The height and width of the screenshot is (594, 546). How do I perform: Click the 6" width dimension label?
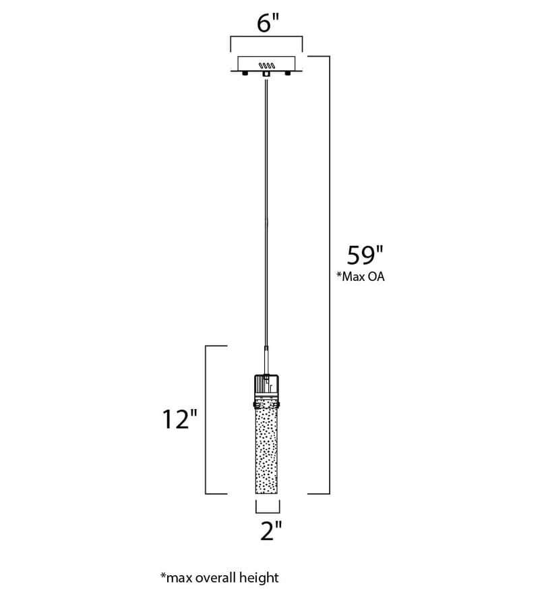pyautogui.click(x=270, y=24)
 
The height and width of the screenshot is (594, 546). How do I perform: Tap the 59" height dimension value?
pyautogui.click(x=365, y=255)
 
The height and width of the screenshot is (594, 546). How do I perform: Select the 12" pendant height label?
pyautogui.click(x=180, y=419)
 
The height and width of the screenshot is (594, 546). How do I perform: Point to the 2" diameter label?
pyautogui.click(x=271, y=531)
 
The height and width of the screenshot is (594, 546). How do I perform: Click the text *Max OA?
pyautogui.click(x=361, y=277)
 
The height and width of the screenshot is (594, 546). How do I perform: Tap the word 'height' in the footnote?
pyautogui.click(x=261, y=578)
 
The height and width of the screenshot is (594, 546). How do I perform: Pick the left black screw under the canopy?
pyautogui.click(x=245, y=72)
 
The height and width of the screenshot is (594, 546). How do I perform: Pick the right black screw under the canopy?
pyautogui.click(x=288, y=72)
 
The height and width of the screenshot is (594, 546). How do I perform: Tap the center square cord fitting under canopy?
pyautogui.click(x=266, y=74)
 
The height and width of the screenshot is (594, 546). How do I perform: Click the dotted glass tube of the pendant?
pyautogui.click(x=266, y=451)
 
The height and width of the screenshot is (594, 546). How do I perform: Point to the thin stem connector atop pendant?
pyautogui.click(x=266, y=360)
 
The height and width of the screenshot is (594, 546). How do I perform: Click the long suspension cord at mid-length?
pyautogui.click(x=266, y=211)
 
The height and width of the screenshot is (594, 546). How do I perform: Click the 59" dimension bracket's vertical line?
pyautogui.click(x=329, y=275)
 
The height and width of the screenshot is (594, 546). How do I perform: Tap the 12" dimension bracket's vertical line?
pyautogui.click(x=206, y=420)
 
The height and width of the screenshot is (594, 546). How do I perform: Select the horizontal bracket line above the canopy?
pyautogui.click(x=266, y=36)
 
